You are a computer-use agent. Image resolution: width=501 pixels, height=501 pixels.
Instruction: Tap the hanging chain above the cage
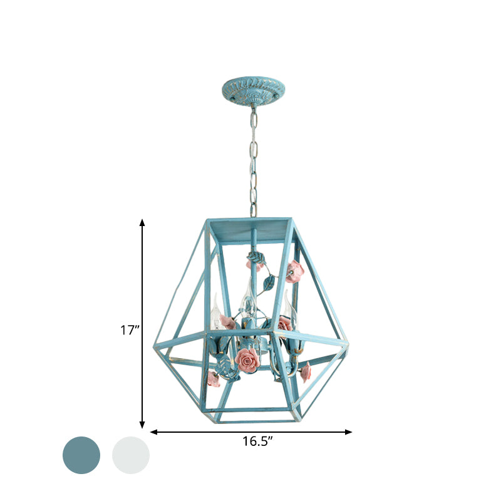252,163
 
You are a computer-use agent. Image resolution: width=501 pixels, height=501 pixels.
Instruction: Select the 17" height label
130,330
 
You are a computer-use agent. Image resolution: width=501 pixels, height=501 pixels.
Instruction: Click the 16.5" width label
257,441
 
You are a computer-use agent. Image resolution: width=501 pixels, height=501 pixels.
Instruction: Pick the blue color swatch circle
81,455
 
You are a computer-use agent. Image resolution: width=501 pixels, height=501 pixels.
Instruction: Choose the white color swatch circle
131,455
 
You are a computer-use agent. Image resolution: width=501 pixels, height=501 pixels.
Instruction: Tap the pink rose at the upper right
294,270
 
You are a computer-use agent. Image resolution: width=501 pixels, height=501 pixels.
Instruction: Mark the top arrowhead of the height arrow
143,222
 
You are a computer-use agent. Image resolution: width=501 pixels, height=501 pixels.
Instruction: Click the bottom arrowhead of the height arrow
143,425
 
